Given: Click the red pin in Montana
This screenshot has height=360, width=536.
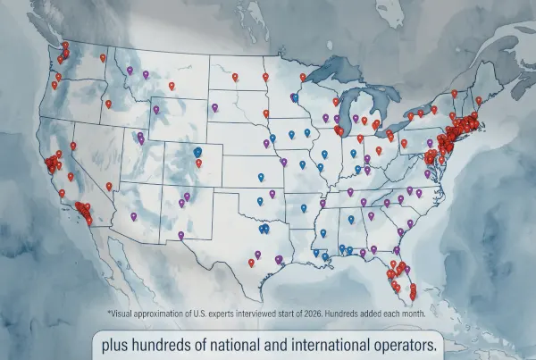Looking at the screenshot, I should [171, 86].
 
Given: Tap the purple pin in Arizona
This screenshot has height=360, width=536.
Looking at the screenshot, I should [133, 216].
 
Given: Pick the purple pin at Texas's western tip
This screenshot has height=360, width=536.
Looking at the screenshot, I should [180, 236].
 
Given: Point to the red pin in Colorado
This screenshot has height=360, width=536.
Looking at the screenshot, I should [198, 163].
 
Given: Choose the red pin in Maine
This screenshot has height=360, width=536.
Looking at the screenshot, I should [479, 100].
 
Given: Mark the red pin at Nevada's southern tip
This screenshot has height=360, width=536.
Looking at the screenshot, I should [109, 186].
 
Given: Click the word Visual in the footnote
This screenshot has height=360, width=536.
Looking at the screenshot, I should [121, 314].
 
